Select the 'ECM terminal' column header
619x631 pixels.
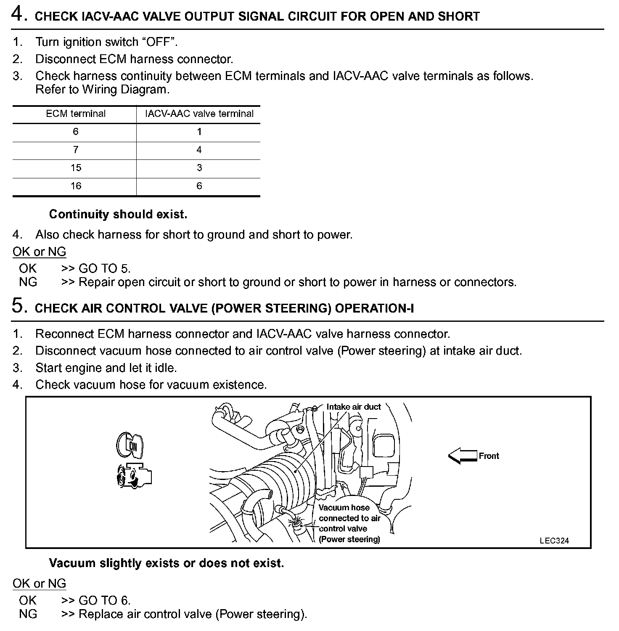pyautogui.click(x=76, y=114)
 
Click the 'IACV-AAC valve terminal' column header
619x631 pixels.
pyautogui.click(x=199, y=114)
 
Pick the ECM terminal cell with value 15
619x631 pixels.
pyautogui.click(x=76, y=168)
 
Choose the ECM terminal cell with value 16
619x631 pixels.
pyautogui.click(x=76, y=186)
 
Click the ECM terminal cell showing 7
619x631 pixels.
pyautogui.click(x=76, y=150)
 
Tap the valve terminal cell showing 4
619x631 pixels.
pyautogui.click(x=199, y=150)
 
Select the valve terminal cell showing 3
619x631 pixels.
pyautogui.click(x=199, y=168)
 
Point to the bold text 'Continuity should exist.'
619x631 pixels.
pyautogui.click(x=118, y=214)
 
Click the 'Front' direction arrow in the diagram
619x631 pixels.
pyautogui.click(x=462, y=456)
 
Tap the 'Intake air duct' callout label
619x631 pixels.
pyautogui.click(x=353, y=407)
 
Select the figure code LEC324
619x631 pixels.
pyautogui.click(x=554, y=541)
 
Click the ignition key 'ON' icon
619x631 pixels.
pyautogui.click(x=130, y=445)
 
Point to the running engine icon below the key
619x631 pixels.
pyautogui.click(x=133, y=476)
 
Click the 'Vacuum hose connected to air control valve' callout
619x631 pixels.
pyautogui.click(x=349, y=523)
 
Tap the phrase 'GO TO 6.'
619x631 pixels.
pyautogui.click(x=105, y=600)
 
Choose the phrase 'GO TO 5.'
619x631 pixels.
pyautogui.click(x=105, y=268)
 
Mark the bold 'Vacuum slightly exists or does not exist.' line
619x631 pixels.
pyautogui.click(x=167, y=563)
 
